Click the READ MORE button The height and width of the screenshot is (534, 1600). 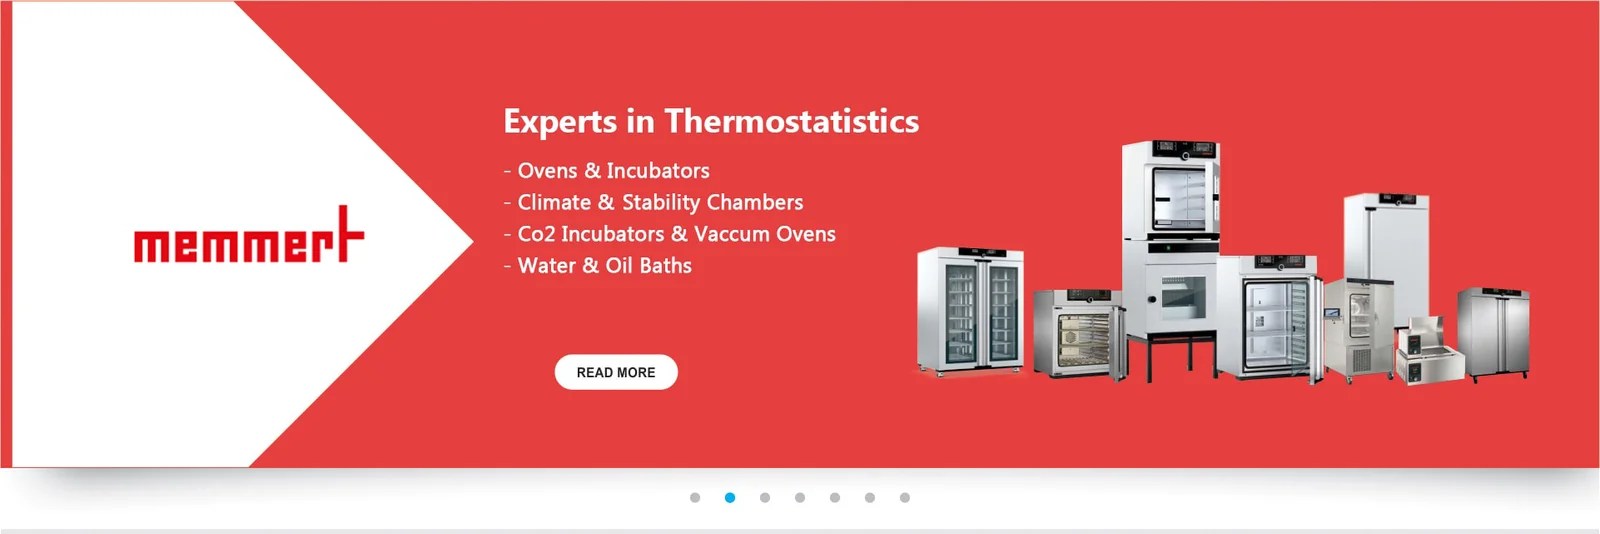616,372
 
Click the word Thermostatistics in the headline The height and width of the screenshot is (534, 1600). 791,121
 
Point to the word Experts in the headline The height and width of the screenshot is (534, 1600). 560,122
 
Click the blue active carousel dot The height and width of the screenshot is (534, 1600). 730,497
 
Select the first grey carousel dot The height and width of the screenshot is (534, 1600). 695,497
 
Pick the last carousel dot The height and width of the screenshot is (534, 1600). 905,497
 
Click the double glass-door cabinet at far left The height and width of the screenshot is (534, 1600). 970,310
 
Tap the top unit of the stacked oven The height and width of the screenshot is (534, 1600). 1171,190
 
